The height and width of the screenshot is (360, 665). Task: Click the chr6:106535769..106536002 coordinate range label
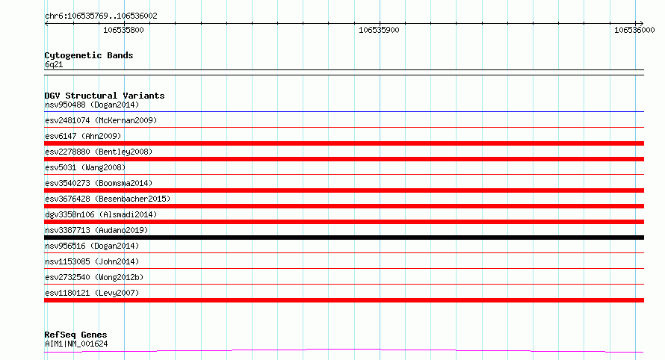[101, 16]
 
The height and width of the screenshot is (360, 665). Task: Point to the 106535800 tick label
[123, 30]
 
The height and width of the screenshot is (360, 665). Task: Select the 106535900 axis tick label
[379, 30]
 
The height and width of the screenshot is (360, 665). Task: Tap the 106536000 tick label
[634, 30]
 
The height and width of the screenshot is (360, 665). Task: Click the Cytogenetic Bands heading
[89, 55]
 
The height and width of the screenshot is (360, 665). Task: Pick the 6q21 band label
[54, 64]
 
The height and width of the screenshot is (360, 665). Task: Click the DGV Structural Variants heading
[105, 96]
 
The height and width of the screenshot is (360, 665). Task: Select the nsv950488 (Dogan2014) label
[92, 105]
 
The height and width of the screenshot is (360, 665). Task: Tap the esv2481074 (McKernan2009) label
[101, 120]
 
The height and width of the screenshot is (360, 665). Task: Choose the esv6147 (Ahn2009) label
[83, 136]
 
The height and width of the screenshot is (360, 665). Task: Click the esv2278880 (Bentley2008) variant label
[99, 152]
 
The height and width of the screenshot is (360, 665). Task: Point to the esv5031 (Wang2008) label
[85, 167]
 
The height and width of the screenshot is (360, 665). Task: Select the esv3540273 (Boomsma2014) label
[99, 183]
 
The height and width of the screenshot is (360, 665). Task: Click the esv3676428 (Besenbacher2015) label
[108, 199]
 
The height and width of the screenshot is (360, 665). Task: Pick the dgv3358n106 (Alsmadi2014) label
[101, 214]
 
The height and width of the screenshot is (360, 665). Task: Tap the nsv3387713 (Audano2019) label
[96, 230]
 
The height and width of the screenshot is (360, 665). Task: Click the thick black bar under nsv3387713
[344, 238]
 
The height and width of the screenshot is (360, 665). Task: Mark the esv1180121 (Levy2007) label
[92, 293]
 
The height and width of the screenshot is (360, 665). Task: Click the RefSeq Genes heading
[75, 335]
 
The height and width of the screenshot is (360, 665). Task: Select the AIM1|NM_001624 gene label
[76, 344]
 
